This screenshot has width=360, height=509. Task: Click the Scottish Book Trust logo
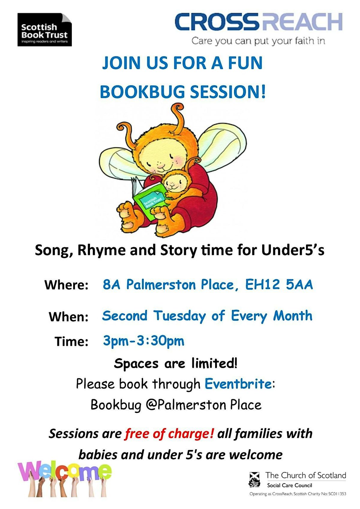[44, 30]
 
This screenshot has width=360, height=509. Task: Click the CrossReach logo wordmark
[258, 22]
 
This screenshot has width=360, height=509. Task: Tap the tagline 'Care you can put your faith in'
[258, 40]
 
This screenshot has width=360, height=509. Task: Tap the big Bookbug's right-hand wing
[222, 147]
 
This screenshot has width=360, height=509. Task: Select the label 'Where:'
[66, 285]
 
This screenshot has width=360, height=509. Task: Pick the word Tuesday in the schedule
[179, 316]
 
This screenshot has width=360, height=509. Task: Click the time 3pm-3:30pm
[143, 341]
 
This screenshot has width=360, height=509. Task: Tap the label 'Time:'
[71, 342]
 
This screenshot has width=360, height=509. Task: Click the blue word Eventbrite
[238, 384]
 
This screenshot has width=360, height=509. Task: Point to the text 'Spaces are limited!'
[176, 363]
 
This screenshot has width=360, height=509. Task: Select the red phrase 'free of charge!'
[169, 433]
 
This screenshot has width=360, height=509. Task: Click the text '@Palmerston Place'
[203, 405]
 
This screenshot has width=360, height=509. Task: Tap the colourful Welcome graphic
[64, 478]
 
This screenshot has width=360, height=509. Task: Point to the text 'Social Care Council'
[289, 485]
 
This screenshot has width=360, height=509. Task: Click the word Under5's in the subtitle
[292, 250]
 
